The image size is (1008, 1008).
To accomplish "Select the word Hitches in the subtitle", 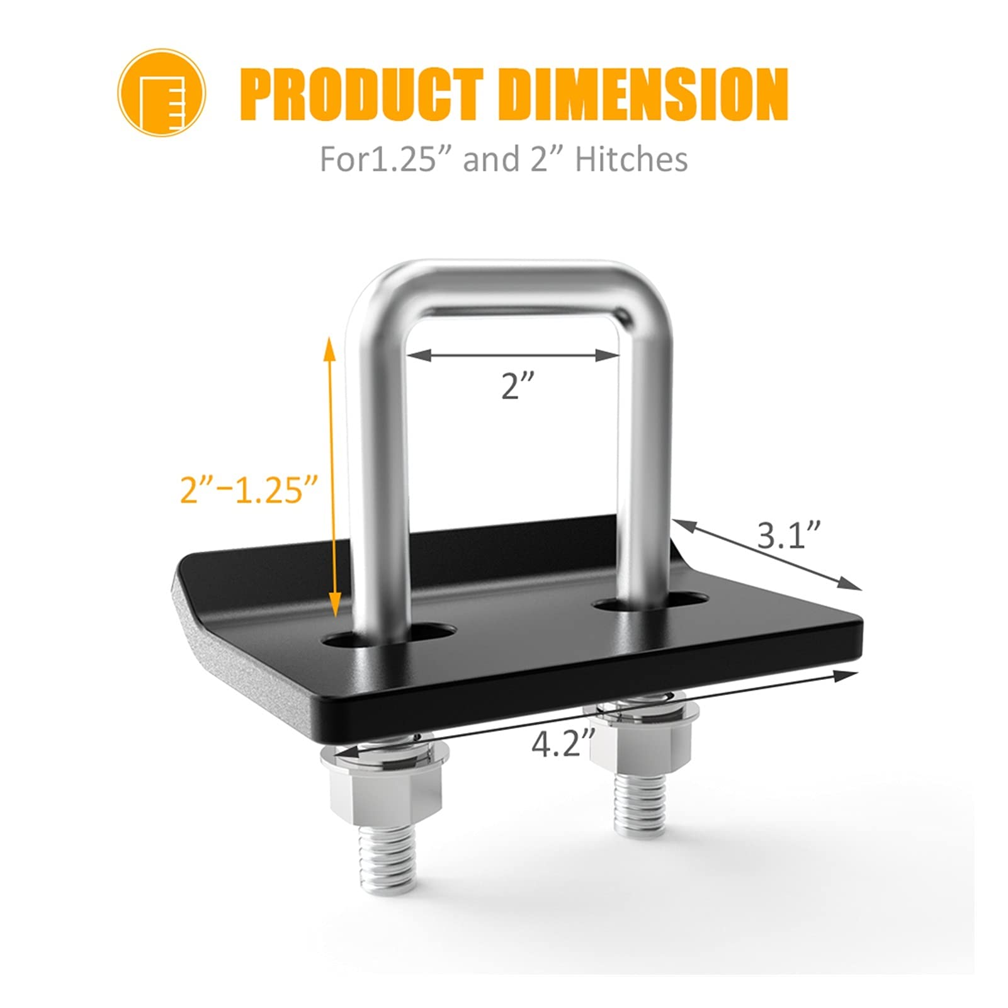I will [631, 159].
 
